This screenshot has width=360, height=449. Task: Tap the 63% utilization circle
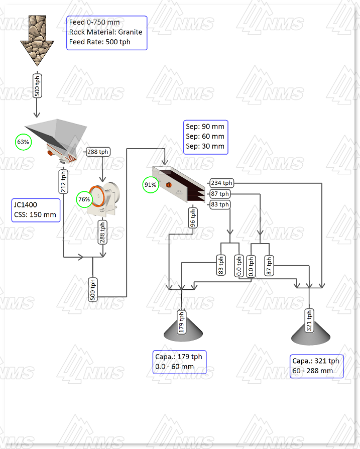(x=23, y=142)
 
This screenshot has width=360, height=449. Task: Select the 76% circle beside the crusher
(x=84, y=199)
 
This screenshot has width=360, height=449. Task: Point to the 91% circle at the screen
(x=151, y=185)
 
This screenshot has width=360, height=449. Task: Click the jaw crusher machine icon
(x=104, y=199)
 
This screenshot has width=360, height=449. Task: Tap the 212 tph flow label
(x=63, y=181)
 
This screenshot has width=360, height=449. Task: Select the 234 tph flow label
(x=221, y=183)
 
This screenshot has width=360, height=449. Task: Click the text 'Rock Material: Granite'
(x=105, y=32)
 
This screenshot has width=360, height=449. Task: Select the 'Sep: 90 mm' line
(x=205, y=127)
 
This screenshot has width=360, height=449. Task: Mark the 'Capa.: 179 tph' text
(x=178, y=357)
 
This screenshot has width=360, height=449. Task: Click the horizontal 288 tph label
(x=97, y=152)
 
